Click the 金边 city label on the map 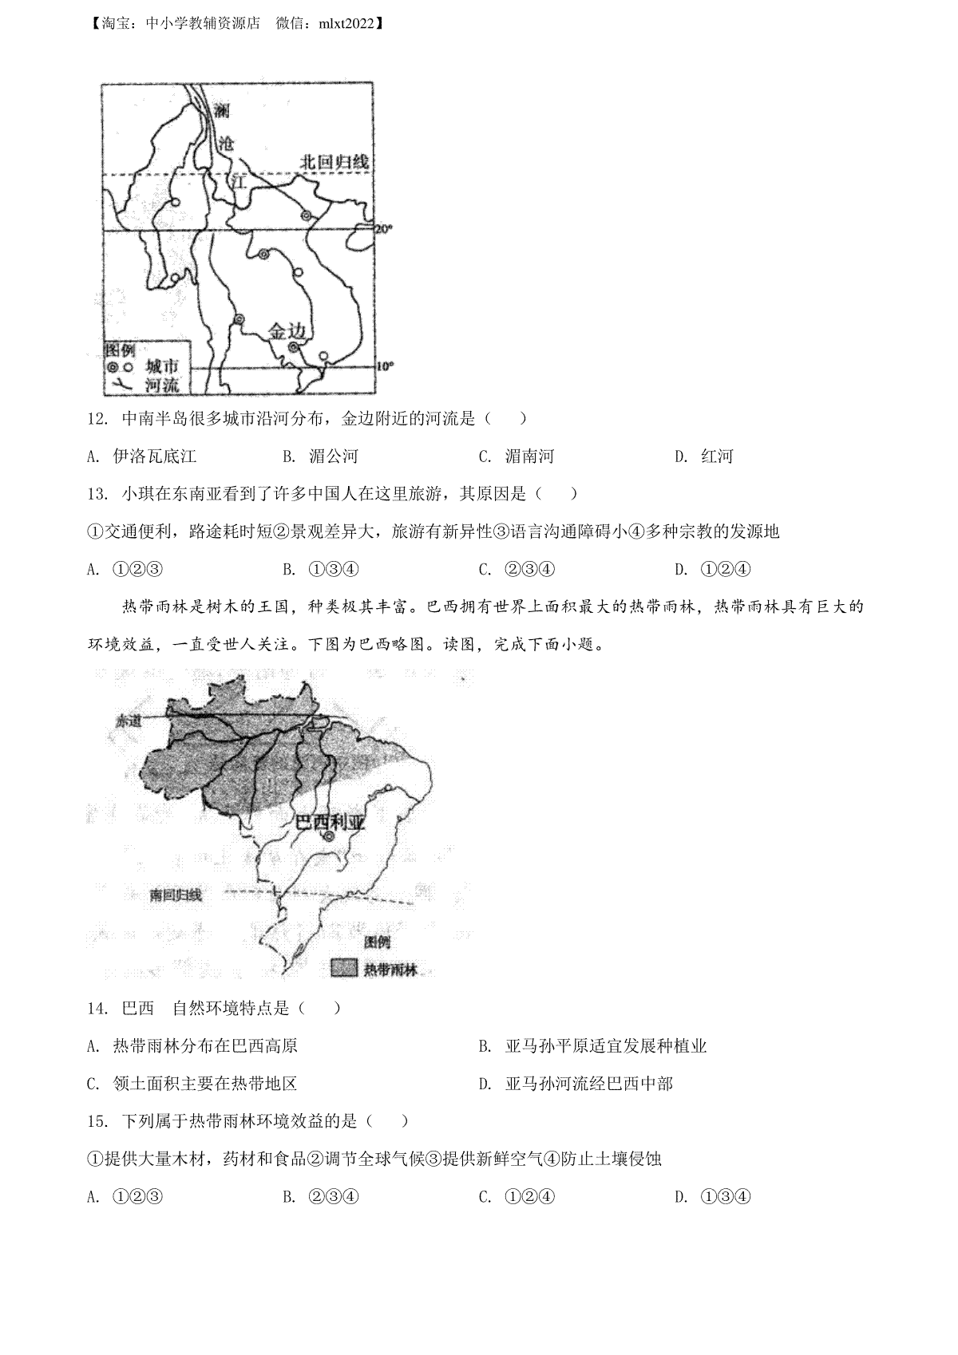287,331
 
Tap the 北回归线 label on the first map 334,162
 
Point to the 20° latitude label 384,229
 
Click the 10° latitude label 384,366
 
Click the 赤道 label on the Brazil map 129,721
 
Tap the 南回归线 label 176,895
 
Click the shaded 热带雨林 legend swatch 344,969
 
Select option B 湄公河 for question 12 321,456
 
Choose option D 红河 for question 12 704,456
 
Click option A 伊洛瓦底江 141,456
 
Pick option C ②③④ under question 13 517,569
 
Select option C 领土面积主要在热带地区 192,1084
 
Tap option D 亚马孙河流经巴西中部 576,1084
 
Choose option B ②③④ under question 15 321,1196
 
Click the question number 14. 97,1009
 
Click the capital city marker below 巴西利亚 329,837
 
